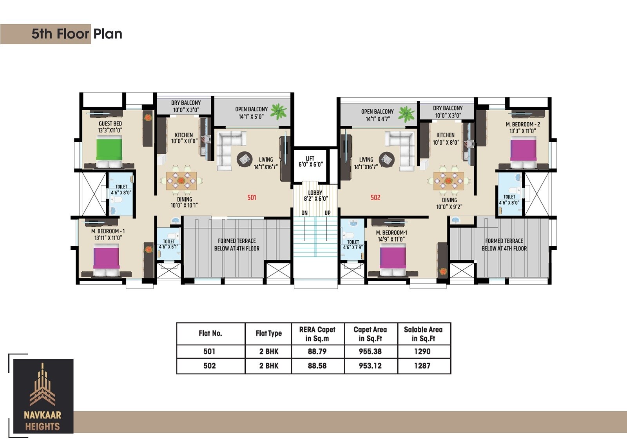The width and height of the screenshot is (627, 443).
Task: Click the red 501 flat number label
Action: click(x=252, y=198)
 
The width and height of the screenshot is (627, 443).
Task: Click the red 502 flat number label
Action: click(x=375, y=198)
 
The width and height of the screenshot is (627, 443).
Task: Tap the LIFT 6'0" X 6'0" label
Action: click(x=310, y=162)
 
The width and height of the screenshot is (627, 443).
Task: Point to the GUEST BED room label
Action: click(x=110, y=123)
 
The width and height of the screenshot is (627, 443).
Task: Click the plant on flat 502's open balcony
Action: click(x=406, y=114)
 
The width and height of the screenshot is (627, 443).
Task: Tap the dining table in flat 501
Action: click(x=181, y=180)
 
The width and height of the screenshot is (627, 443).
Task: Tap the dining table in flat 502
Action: click(x=449, y=181)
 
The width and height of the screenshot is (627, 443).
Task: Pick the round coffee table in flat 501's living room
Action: click(x=245, y=159)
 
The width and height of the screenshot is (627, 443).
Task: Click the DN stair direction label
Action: click(x=304, y=213)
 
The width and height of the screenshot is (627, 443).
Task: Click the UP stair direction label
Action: click(x=328, y=213)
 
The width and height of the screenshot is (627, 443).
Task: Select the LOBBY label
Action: click(x=315, y=192)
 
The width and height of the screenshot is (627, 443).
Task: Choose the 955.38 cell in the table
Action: click(x=370, y=351)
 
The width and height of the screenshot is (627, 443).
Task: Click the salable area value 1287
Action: click(x=422, y=366)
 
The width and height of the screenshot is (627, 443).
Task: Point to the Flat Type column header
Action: click(x=269, y=333)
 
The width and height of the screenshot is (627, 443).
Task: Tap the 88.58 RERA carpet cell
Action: click(x=317, y=366)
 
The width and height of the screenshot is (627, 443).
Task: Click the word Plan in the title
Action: click(x=108, y=34)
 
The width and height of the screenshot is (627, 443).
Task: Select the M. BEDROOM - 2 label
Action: click(x=523, y=124)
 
